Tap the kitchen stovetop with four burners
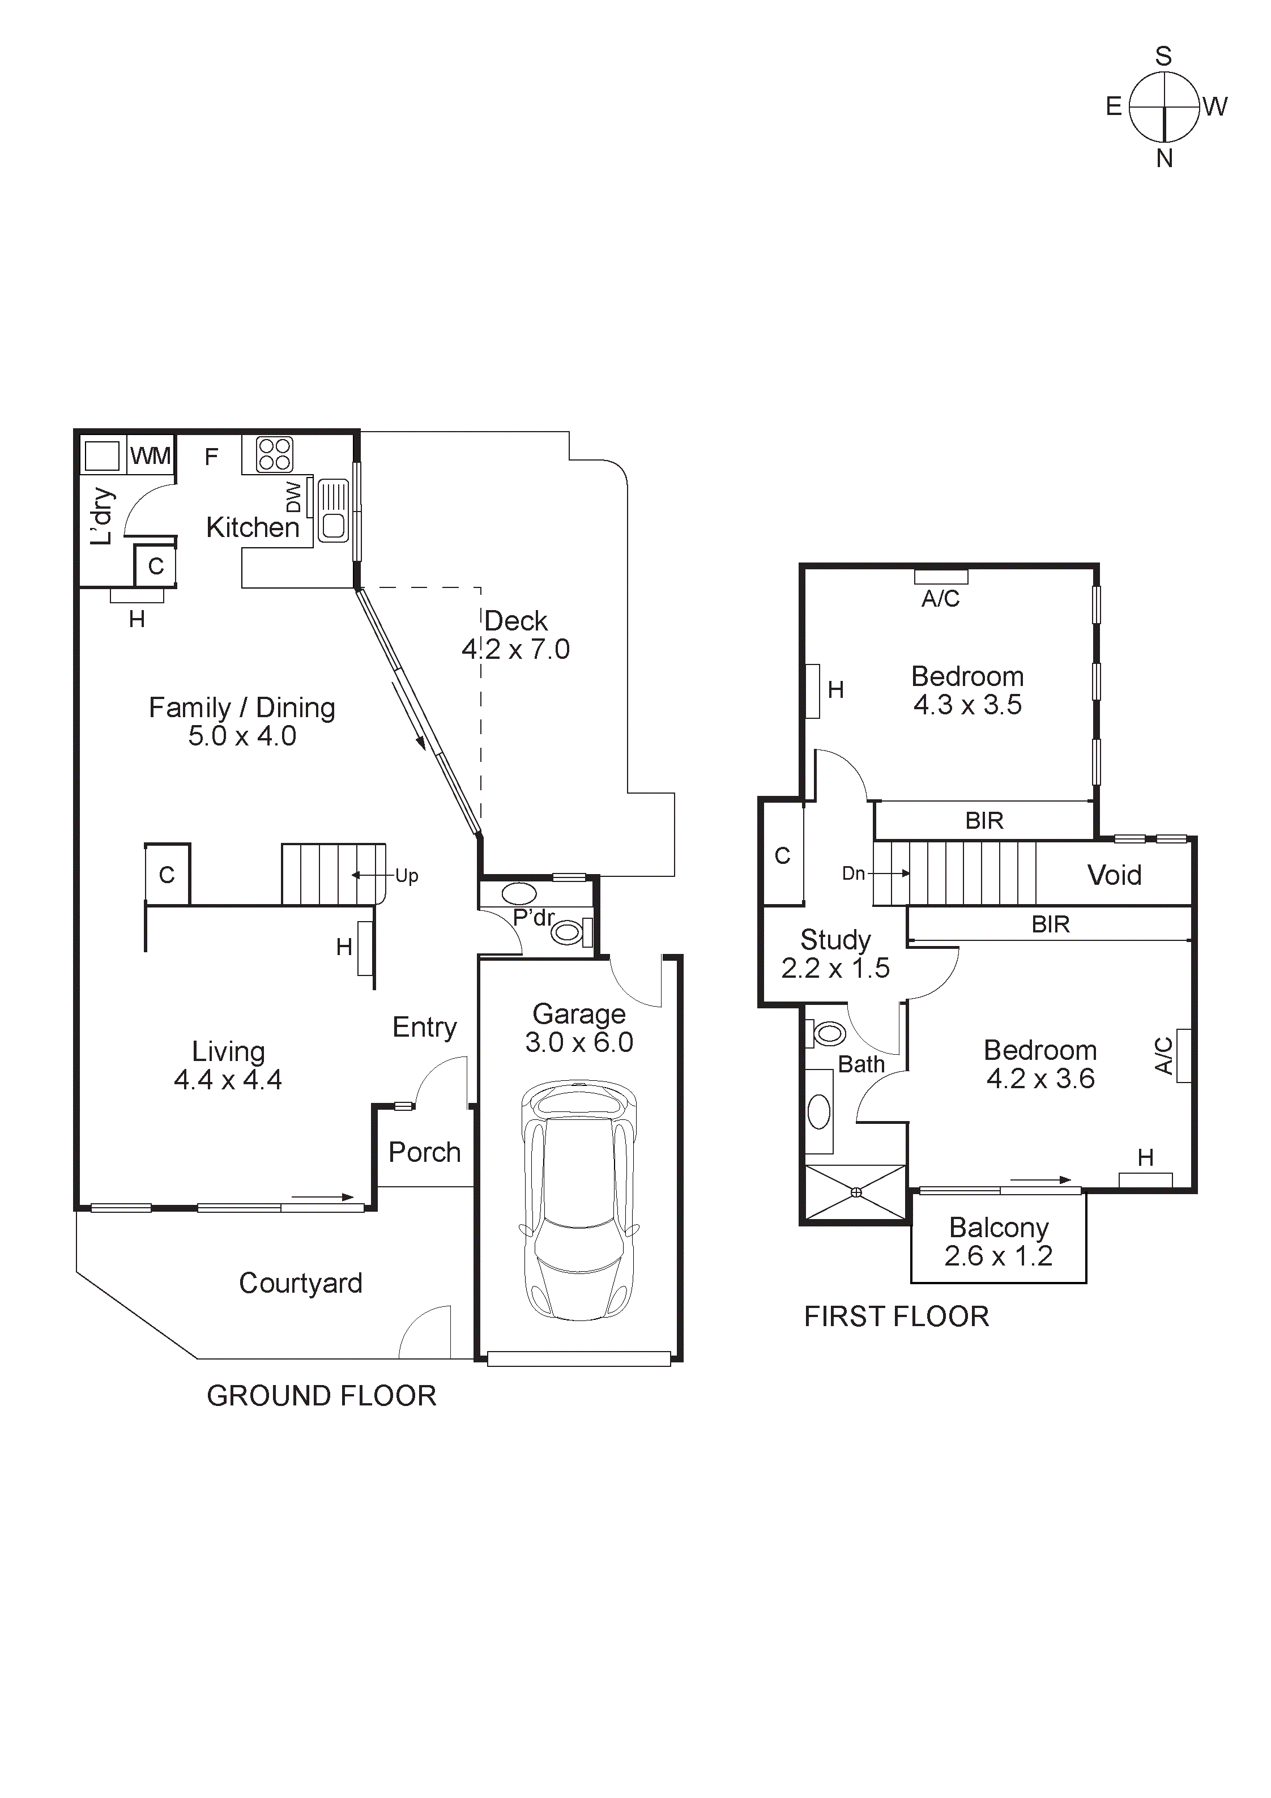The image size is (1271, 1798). [x=274, y=454]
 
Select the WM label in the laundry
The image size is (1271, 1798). [x=150, y=456]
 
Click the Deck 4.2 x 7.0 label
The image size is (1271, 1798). [x=515, y=635]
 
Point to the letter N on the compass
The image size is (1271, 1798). [x=1164, y=159]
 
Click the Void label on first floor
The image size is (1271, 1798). [x=1114, y=875]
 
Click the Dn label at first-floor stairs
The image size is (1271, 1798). [x=853, y=873]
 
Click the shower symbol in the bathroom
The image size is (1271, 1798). [x=856, y=1192]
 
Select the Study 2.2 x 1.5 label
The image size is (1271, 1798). [x=835, y=954]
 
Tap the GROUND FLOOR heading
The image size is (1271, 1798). [x=321, y=1395]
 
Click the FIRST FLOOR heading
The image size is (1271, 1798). [x=896, y=1316]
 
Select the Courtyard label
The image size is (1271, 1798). [x=300, y=1283]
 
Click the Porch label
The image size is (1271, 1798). [x=424, y=1152]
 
